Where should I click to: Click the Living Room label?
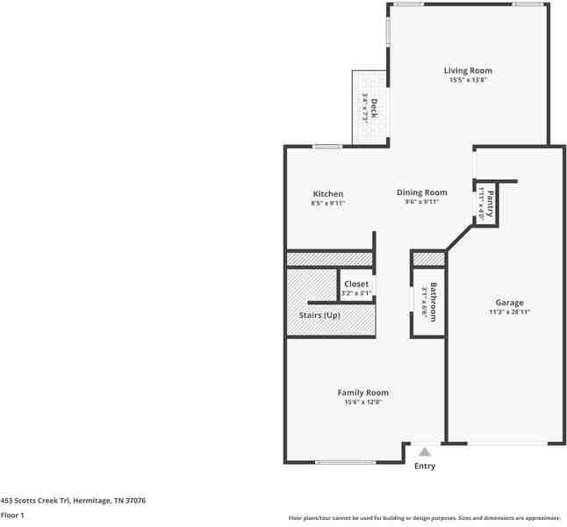click(x=467, y=70)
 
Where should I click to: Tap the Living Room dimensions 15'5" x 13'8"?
click(x=467, y=80)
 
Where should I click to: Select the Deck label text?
click(x=374, y=108)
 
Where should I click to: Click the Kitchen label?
click(x=327, y=194)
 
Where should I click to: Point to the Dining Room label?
click(x=421, y=192)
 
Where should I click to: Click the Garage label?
click(x=509, y=302)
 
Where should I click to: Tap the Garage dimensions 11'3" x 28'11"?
click(x=509, y=312)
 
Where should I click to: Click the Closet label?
click(x=356, y=284)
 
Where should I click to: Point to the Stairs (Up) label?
click(x=319, y=315)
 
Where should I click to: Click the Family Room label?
click(x=363, y=393)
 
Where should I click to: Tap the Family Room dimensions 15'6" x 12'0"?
click(x=363, y=402)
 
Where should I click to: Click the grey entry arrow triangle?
click(x=425, y=451)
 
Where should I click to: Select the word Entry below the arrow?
click(x=425, y=466)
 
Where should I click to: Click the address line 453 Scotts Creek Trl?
click(x=73, y=500)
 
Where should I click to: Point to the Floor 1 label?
click(x=12, y=515)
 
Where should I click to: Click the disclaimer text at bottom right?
click(x=424, y=518)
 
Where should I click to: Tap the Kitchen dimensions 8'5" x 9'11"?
click(x=327, y=203)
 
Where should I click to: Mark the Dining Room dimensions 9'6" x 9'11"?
click(x=421, y=202)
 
